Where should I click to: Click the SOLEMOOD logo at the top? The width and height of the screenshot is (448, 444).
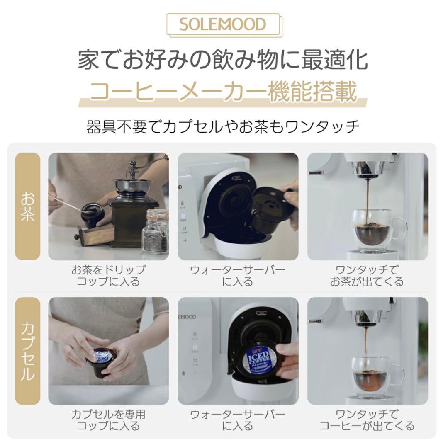[x=223, y=24]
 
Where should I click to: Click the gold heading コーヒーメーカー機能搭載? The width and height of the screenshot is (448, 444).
[x=223, y=92]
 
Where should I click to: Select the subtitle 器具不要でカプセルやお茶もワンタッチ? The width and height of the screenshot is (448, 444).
[x=223, y=126]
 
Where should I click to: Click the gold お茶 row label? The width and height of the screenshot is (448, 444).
[x=27, y=206]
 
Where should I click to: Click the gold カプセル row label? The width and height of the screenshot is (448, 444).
[x=27, y=351]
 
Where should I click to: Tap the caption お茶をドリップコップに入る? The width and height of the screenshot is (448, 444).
[x=108, y=276]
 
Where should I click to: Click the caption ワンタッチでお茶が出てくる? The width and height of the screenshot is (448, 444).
[x=367, y=276]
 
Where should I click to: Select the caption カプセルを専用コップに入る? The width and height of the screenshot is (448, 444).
[x=108, y=420]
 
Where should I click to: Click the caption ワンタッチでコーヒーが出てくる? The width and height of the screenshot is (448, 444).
[x=367, y=420]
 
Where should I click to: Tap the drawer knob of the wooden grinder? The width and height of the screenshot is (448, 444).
[x=77, y=238]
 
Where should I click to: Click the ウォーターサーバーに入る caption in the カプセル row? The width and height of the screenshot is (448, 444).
[x=238, y=420]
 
